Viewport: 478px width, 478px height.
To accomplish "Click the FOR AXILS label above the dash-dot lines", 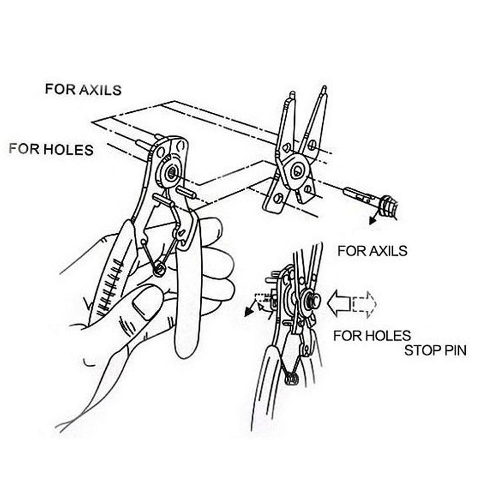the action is (83, 89).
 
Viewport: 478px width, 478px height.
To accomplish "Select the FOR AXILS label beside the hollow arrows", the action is (372, 250).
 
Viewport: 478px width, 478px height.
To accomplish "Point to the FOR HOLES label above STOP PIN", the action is (372, 335).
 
